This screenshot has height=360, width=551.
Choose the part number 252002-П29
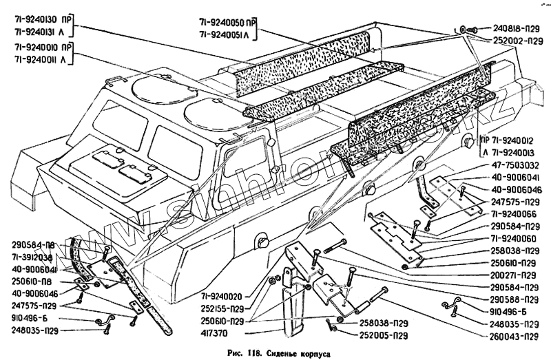coord(516,41)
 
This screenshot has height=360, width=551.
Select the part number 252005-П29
coord(375,335)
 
